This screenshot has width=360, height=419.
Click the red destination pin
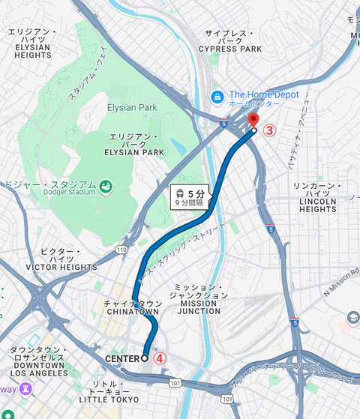coord(253,120)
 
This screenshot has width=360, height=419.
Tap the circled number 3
coord(269,130)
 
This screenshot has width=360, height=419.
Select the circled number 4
coord(160,358)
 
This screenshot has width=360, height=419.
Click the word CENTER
coord(122,358)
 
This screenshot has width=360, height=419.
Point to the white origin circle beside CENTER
coord(145,358)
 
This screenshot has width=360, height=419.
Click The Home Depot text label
coord(264,95)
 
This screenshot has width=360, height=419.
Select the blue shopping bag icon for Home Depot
coord(217,96)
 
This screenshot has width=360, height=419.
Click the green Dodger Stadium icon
coord(106,185)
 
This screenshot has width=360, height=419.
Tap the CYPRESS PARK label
coord(230,49)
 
